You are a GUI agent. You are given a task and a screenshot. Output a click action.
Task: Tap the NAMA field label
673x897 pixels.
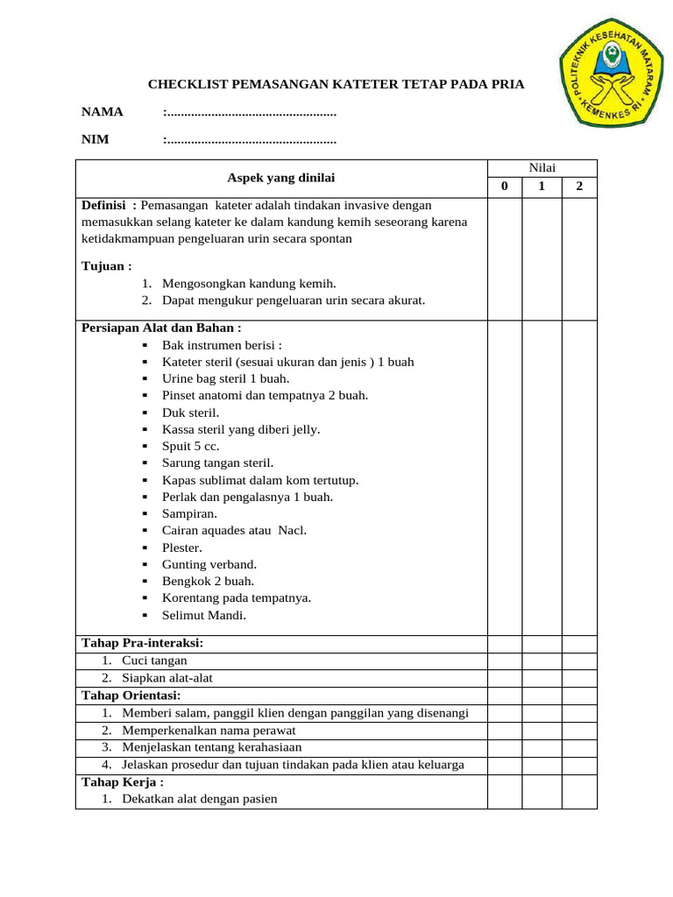(x=103, y=111)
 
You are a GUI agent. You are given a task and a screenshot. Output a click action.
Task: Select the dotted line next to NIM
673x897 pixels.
(x=251, y=139)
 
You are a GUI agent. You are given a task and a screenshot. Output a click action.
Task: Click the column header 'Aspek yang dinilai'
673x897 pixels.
(x=281, y=178)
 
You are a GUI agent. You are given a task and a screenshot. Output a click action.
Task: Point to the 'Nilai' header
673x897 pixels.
(x=542, y=168)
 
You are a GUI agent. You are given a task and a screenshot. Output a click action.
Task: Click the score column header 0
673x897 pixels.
(x=504, y=187)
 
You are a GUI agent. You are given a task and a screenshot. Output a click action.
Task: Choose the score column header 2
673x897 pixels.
(x=579, y=187)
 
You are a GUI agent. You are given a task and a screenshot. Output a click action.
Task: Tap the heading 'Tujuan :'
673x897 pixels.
(x=107, y=266)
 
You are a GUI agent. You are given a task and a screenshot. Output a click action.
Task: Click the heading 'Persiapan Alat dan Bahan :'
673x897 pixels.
(x=161, y=328)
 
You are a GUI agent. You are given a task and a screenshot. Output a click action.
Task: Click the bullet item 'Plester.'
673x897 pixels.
(x=182, y=547)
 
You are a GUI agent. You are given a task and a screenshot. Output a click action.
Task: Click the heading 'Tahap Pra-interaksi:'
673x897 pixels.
(x=142, y=643)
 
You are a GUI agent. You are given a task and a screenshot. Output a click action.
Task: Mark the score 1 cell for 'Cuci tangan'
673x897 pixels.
(x=542, y=660)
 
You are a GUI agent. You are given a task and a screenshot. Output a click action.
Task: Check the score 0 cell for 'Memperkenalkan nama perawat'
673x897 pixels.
(x=504, y=730)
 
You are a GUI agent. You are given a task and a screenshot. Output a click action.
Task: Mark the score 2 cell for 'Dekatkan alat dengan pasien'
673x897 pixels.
(x=579, y=799)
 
